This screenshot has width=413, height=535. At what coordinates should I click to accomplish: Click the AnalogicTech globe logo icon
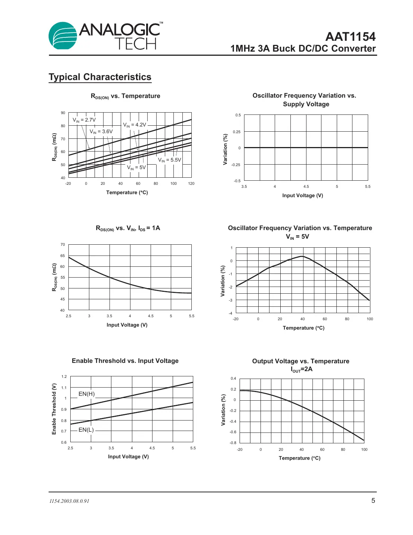(63, 36)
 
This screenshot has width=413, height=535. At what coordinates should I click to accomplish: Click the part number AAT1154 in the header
(350, 37)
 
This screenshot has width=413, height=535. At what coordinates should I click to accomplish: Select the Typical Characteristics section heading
(100, 77)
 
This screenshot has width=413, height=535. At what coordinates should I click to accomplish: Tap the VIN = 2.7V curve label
(84, 120)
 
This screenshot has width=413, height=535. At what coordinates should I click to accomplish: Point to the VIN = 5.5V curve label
(169, 160)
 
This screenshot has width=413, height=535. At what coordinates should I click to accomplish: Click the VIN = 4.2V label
(135, 125)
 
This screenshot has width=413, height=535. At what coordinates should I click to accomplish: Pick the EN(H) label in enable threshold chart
(86, 394)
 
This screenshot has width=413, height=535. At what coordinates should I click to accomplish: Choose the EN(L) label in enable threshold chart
(86, 430)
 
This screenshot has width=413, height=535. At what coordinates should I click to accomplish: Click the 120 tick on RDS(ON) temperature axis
(191, 184)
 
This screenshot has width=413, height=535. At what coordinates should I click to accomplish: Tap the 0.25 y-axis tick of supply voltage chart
(237, 132)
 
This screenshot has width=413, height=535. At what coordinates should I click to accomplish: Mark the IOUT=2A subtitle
(302, 369)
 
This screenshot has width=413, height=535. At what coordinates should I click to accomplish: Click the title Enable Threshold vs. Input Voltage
(125, 361)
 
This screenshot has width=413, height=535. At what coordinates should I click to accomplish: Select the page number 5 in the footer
(373, 501)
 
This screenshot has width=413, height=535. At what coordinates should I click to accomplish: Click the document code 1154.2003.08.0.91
(69, 501)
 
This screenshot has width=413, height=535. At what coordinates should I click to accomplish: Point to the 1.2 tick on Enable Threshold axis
(64, 377)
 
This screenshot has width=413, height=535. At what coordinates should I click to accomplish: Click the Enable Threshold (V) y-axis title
(54, 409)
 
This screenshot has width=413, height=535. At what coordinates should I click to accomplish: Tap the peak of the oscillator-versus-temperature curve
(302, 256)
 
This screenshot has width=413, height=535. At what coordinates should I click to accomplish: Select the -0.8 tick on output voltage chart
(233, 443)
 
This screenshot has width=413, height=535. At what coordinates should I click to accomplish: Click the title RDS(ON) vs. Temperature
(126, 96)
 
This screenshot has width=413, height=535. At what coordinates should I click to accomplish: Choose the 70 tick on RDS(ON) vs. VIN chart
(63, 245)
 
